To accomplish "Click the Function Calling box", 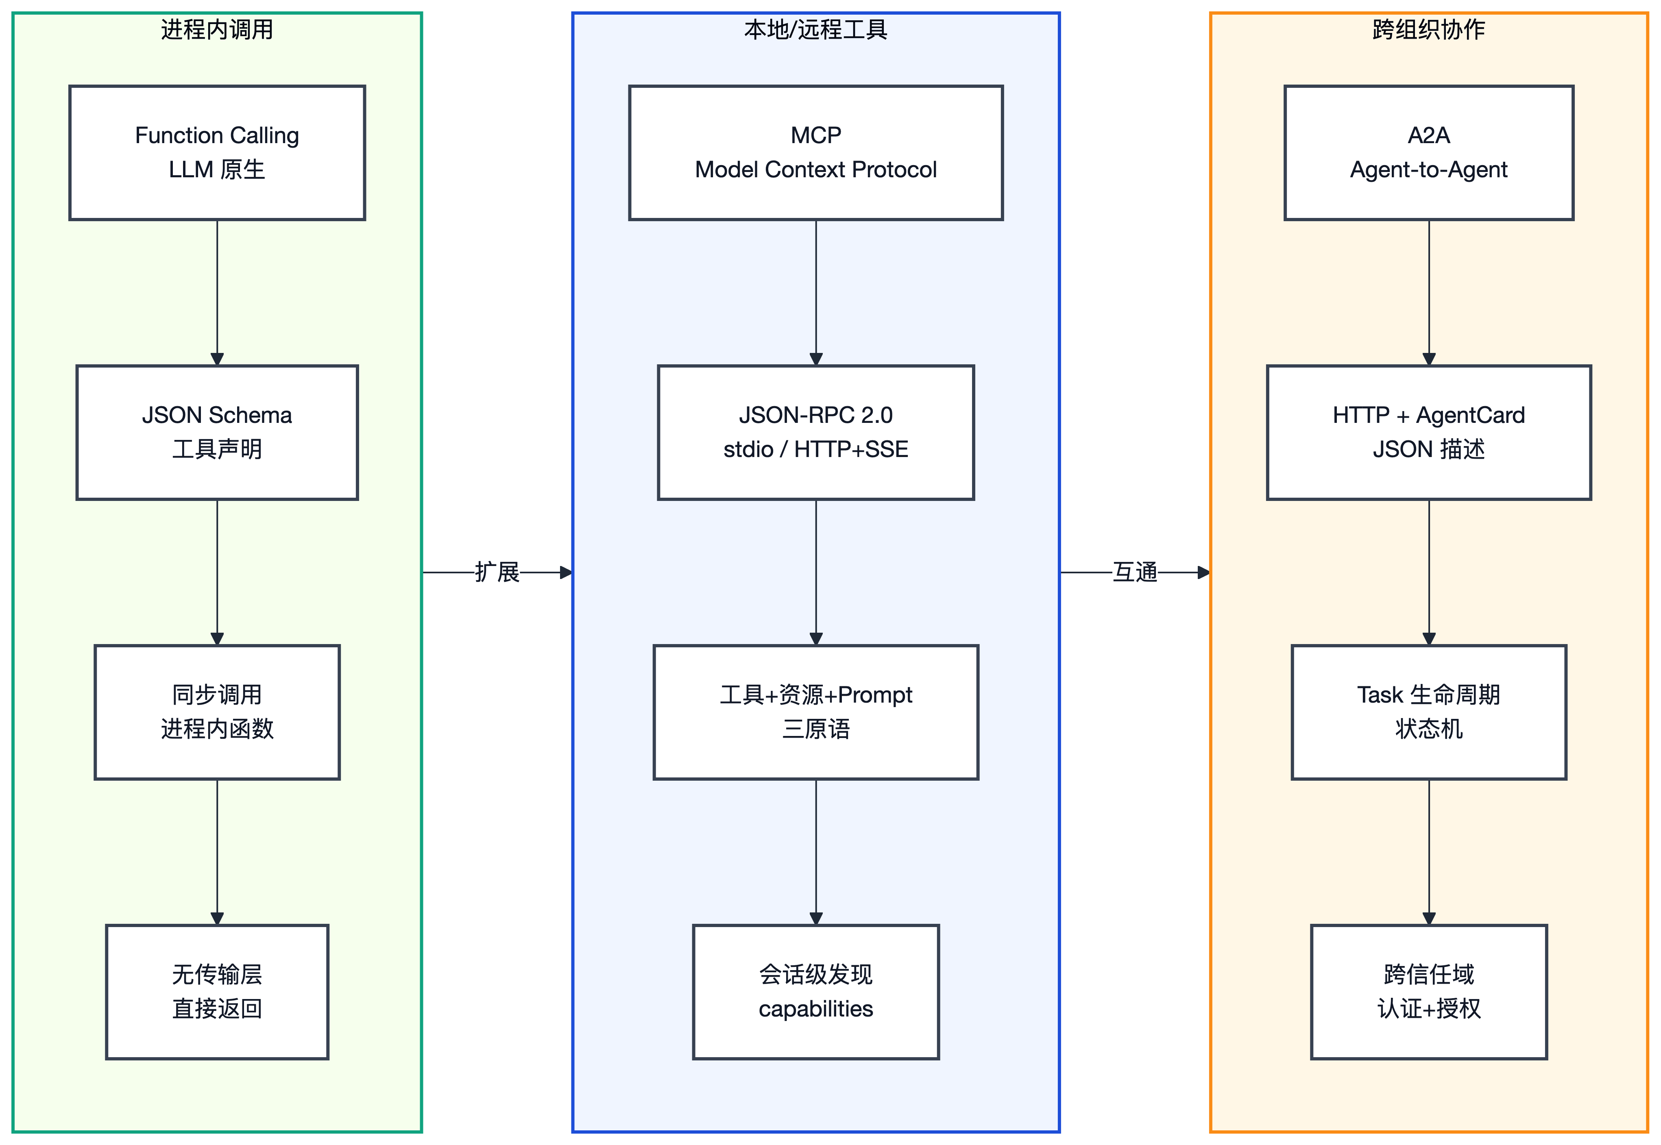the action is (x=217, y=153).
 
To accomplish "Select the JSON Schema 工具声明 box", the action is (x=217, y=433).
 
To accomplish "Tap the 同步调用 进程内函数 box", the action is (x=217, y=712).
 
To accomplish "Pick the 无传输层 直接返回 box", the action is (x=217, y=992).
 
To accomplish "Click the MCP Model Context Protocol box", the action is (x=816, y=153).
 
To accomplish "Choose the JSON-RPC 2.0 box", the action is (x=816, y=433).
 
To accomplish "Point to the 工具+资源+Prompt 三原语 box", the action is (x=816, y=712).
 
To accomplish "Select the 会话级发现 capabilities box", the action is (x=816, y=992).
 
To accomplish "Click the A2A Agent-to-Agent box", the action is (x=1428, y=153).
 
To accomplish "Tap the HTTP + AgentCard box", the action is (x=1428, y=433).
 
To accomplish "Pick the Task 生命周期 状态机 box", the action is (x=1428, y=712).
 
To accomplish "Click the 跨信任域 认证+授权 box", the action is (x=1428, y=992).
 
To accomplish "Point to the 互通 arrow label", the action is (x=1135, y=572).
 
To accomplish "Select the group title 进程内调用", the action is (x=217, y=29).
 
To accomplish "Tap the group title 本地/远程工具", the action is (x=816, y=29).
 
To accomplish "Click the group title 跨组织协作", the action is (x=1428, y=29).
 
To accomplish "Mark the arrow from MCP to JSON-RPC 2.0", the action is (x=816, y=293).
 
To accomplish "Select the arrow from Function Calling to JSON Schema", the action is (x=217, y=293).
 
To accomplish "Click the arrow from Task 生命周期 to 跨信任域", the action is (x=1428, y=852).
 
